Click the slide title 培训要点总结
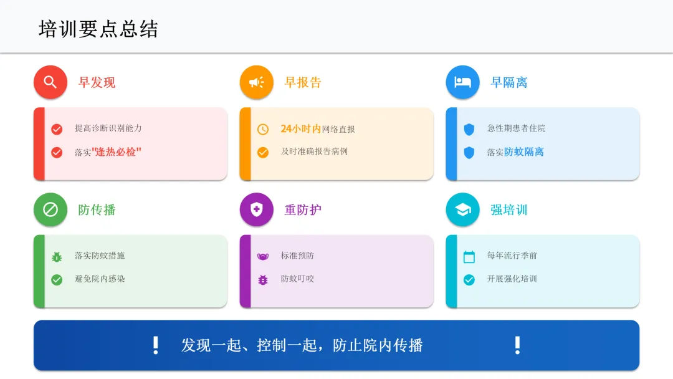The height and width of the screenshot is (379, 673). tap(98, 29)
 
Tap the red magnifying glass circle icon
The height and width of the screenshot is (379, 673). tap(50, 82)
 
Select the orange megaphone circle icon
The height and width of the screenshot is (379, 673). tap(257, 82)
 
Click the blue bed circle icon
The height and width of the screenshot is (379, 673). tap(463, 82)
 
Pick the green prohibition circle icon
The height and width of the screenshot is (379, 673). tap(50, 209)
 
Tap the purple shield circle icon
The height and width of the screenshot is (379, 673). tap(257, 209)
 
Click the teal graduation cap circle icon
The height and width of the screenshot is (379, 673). tap(463, 209)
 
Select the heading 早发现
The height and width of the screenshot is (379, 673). tap(97, 82)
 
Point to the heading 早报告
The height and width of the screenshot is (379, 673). tap(303, 82)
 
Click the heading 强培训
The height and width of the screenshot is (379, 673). tap(509, 209)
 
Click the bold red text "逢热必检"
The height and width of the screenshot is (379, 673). tap(117, 151)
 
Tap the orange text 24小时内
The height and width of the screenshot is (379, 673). tap(300, 128)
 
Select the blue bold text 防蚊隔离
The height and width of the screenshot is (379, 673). tap(524, 151)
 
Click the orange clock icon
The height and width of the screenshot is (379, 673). tap(263, 129)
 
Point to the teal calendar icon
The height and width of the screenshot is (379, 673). tap(469, 256)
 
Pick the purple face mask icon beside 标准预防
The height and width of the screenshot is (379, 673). tap(263, 256)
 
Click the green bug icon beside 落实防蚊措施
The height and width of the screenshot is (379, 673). tap(57, 256)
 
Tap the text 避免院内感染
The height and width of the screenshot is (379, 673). tap(100, 279)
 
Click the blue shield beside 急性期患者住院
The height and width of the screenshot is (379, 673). tap(469, 129)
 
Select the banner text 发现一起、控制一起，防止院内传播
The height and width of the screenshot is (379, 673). tap(302, 345)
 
